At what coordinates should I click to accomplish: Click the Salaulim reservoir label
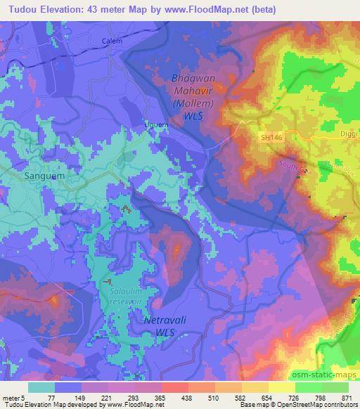[x=127, y=294]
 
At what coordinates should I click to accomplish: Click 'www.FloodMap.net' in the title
[x=212, y=10]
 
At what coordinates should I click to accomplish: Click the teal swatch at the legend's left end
[x=42, y=387]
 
